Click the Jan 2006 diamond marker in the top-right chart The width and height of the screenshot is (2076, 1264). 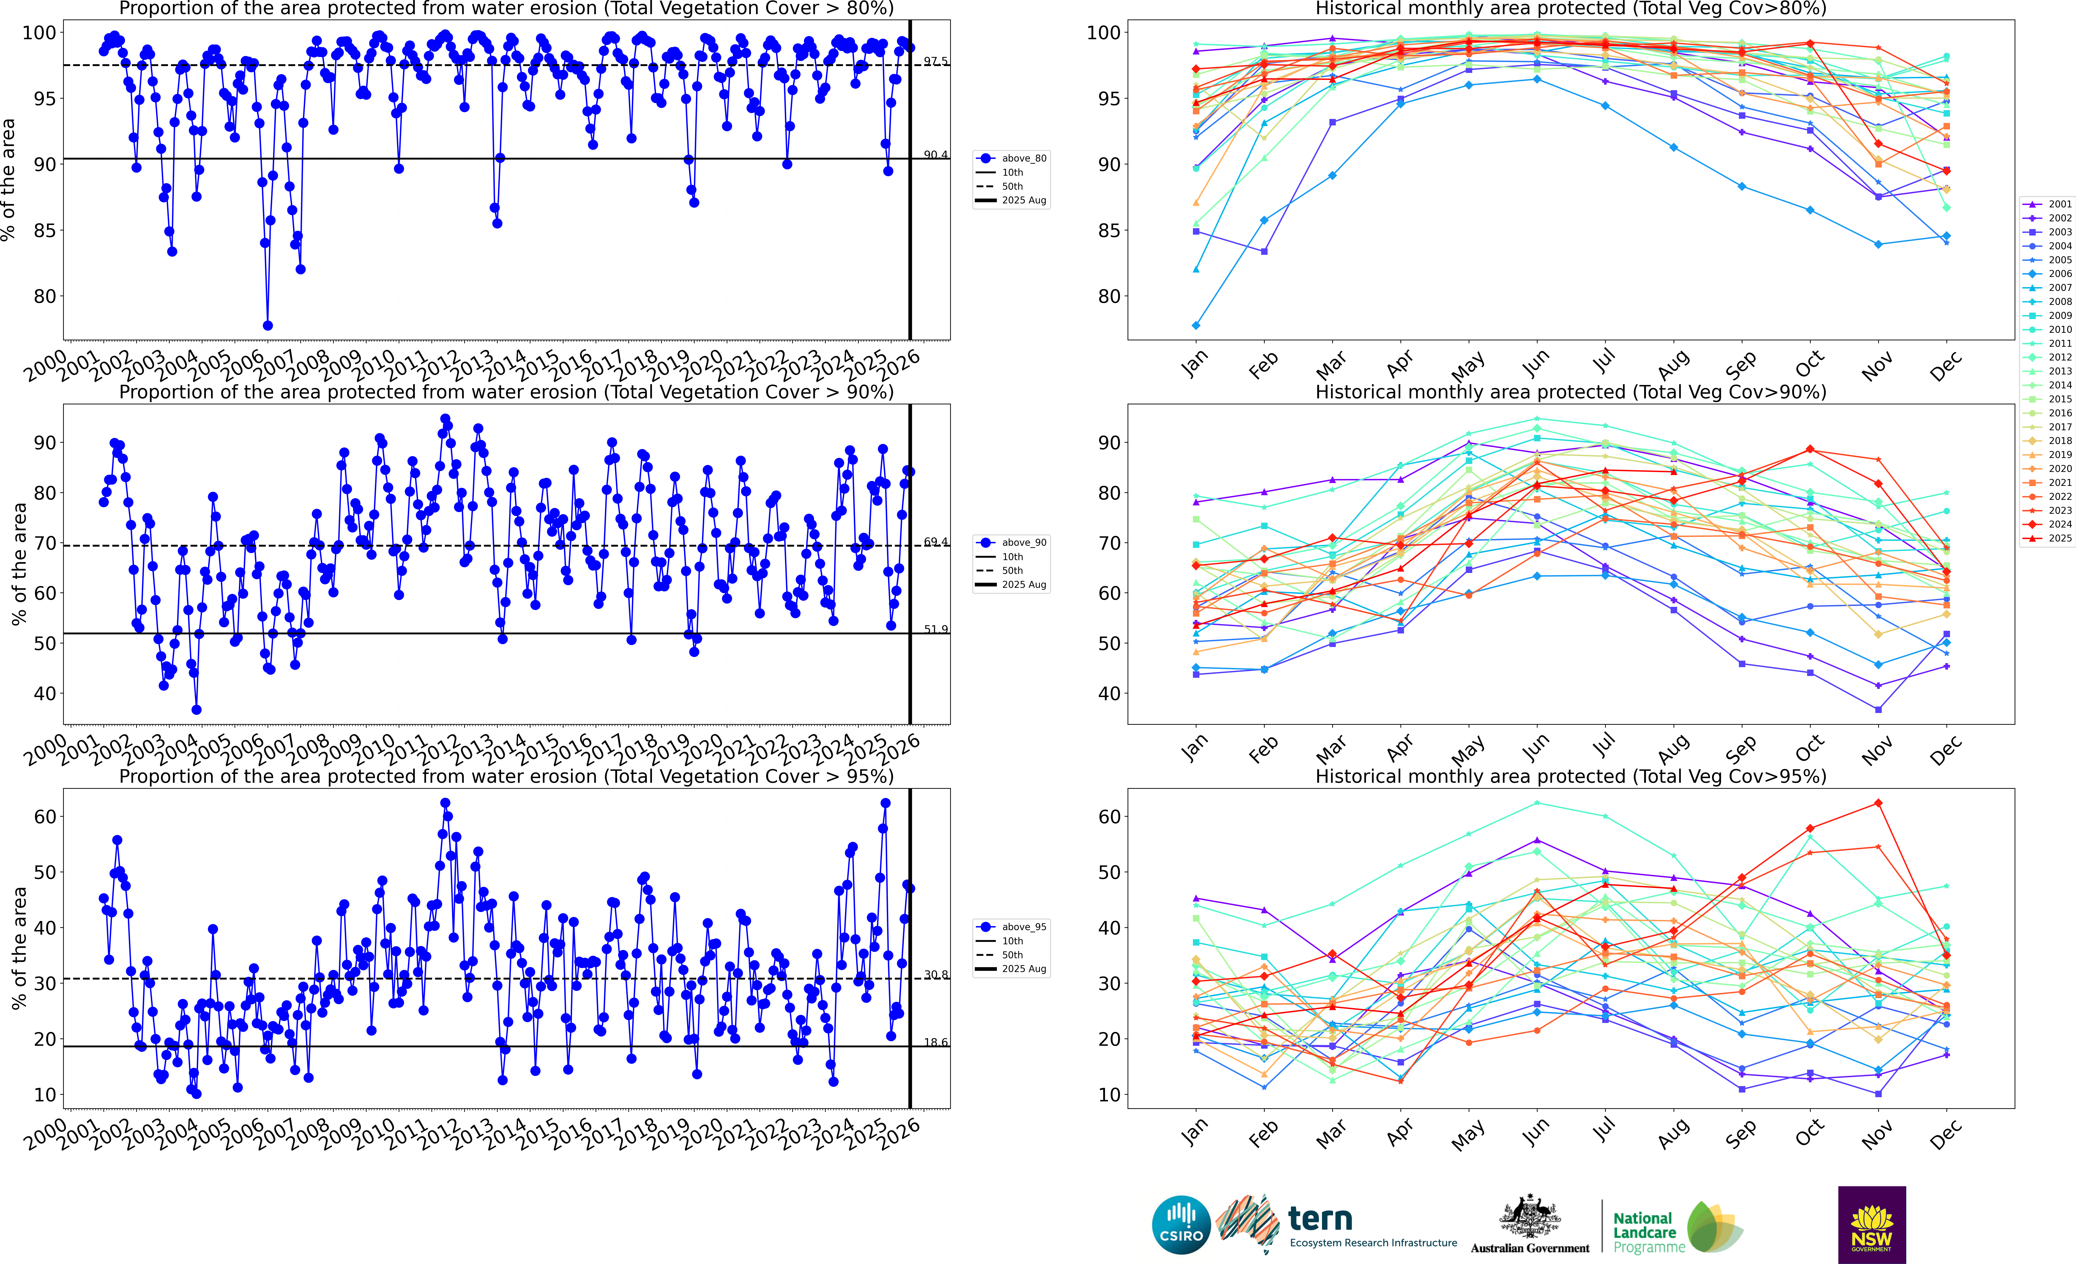(1196, 325)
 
